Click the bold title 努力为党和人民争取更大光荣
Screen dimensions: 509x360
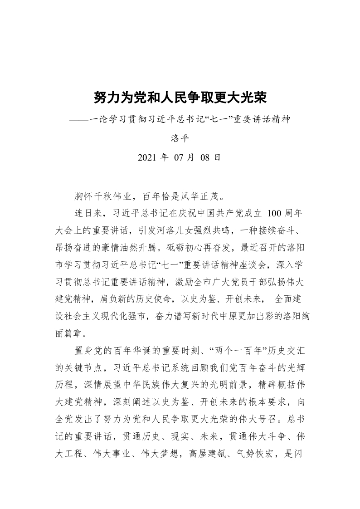point(180,97)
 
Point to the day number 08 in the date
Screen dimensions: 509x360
point(206,158)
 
